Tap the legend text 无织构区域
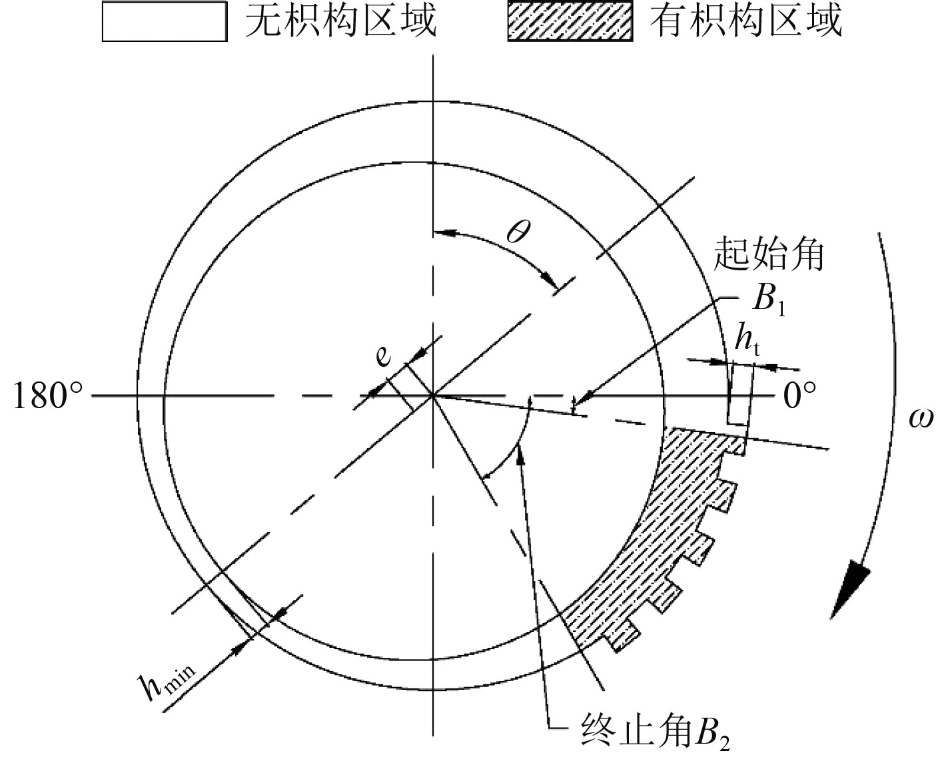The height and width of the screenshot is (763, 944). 340,21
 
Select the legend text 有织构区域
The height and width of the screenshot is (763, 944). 746,21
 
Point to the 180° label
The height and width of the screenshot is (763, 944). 49,397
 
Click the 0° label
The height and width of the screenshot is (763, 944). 799,397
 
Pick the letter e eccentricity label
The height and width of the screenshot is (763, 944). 382,357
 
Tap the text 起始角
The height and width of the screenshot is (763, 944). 769,254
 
